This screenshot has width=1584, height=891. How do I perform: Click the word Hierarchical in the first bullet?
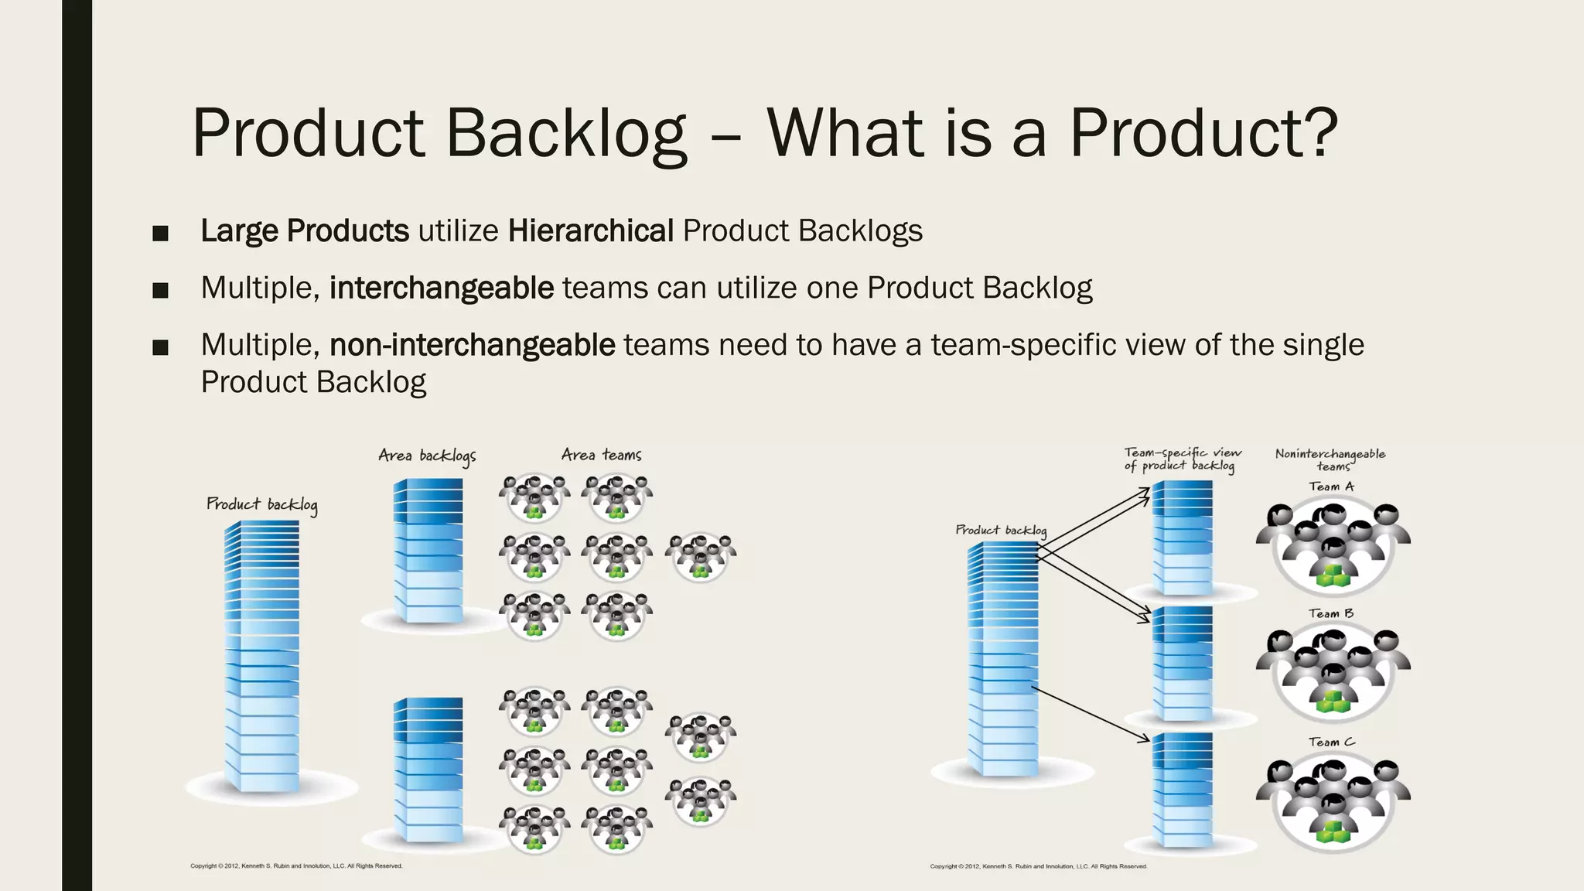point(591,231)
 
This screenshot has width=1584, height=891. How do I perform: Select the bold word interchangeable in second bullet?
point(441,288)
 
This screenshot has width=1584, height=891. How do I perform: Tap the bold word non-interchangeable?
point(472,345)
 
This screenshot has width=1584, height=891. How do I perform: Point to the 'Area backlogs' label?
point(427,456)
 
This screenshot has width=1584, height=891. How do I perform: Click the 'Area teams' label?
point(601,455)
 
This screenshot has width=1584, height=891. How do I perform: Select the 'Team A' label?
point(1331,486)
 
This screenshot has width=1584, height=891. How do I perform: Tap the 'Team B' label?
point(1331,613)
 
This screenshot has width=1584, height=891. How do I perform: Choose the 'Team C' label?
point(1331,742)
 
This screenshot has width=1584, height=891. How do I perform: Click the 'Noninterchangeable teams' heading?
point(1330,459)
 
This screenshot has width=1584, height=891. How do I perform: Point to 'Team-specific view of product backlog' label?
point(1182,459)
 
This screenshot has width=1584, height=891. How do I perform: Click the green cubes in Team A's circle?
point(1332,575)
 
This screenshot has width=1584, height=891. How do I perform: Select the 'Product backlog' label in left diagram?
point(261,504)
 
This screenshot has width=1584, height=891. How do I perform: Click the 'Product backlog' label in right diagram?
point(1001,530)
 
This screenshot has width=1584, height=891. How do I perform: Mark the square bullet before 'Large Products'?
point(160,234)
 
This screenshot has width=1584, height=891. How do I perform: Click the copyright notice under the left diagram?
point(296,866)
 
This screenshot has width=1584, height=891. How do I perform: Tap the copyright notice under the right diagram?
point(1038,866)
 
